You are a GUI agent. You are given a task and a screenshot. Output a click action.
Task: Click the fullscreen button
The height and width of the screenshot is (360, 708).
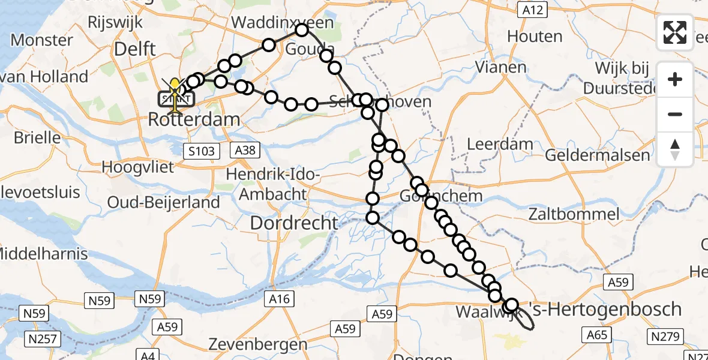point(675,32)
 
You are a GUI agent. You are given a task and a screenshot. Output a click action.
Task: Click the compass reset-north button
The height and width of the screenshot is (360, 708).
point(675,149)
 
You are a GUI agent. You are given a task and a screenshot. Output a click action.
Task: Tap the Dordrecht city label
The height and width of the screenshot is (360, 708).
point(294,223)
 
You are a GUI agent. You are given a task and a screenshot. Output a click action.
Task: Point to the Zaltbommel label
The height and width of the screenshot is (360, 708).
point(574,214)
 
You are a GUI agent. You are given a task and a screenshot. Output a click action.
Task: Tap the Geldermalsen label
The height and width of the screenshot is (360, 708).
point(597,155)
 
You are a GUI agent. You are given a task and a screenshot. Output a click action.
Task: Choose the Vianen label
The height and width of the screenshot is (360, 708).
point(500,67)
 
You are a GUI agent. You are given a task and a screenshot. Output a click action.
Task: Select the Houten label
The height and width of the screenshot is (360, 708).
point(535,36)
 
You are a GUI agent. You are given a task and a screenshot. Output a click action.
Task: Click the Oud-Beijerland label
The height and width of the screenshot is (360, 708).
point(163,202)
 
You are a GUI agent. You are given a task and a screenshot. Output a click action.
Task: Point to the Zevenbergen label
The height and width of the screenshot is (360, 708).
point(258,344)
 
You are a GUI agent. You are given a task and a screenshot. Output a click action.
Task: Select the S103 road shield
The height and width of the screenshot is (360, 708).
point(201,151)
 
